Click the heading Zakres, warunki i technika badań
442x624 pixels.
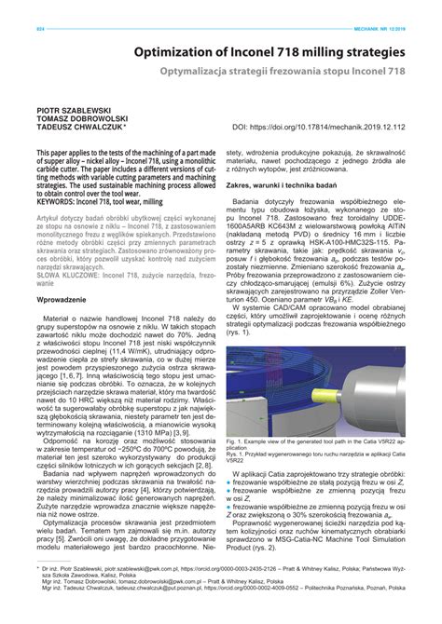pyautogui.click(x=287, y=184)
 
